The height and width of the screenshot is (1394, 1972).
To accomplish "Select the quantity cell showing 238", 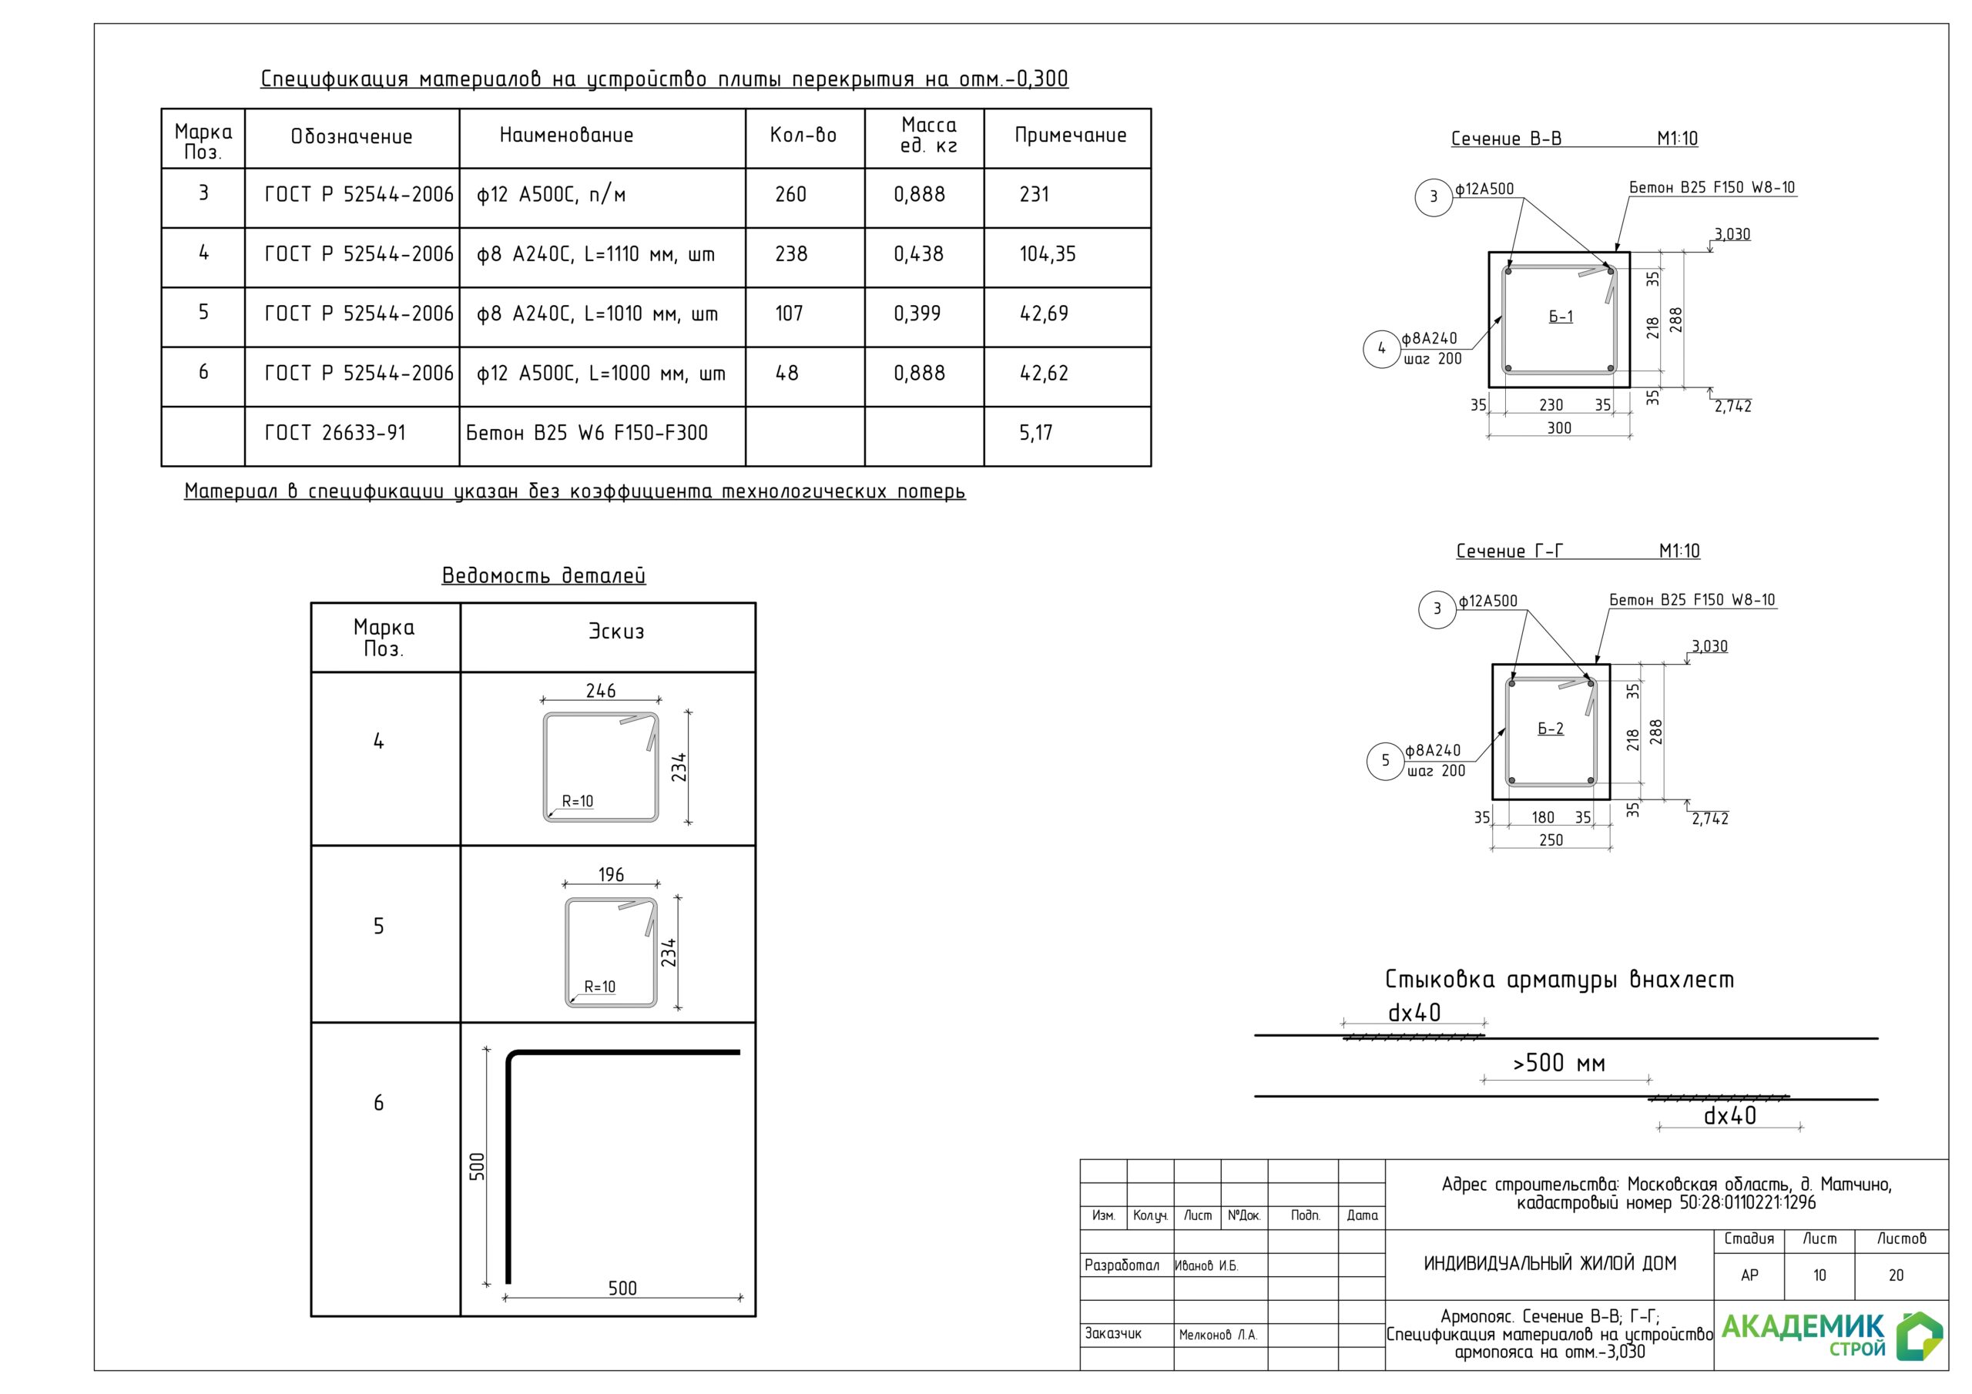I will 791,254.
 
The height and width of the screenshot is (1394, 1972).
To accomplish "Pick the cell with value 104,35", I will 1047,254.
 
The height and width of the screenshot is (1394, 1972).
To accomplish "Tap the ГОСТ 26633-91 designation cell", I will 335,433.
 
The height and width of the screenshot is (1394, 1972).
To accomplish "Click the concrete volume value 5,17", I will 1035,433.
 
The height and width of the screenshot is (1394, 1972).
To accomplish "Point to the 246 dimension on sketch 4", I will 600,691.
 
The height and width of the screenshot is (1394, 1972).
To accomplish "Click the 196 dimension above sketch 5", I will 611,874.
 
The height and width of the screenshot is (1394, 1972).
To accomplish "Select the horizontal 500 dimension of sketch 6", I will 622,1288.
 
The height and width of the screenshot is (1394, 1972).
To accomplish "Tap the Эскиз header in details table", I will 615,632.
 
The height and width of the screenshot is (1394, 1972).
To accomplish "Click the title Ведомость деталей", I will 543,575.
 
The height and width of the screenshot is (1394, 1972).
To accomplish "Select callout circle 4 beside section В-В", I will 1381,349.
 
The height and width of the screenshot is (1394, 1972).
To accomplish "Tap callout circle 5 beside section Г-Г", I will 1384,761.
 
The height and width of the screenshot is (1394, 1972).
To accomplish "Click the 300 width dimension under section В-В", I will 1559,427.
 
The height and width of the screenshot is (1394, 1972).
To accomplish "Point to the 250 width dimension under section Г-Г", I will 1551,840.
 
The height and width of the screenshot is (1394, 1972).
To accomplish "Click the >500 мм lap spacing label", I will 1558,1064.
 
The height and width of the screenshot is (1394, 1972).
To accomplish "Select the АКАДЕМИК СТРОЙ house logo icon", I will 1919,1335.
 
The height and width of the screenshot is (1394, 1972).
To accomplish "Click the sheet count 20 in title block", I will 1896,1275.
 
